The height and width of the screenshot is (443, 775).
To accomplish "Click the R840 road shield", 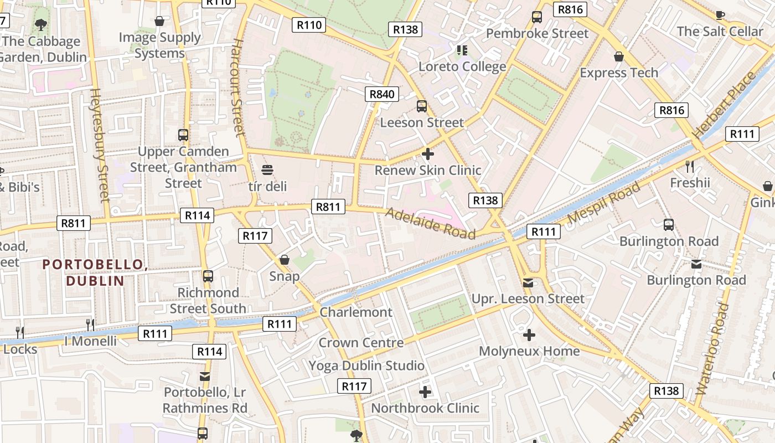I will coord(381,94).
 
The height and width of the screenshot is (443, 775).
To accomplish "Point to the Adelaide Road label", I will coord(430,223).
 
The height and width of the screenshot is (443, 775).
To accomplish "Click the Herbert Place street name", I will coord(723,106).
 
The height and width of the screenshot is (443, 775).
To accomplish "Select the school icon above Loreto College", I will coord(462,51).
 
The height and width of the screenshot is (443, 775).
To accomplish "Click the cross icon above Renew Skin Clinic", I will coord(427,154).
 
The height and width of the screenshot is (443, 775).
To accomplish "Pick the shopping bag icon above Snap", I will coord(285,260).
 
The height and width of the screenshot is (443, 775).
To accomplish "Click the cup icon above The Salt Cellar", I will coord(720,16).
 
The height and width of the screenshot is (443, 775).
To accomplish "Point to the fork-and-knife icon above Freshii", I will coord(689,166).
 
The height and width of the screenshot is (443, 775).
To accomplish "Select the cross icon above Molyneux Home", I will coord(529,335).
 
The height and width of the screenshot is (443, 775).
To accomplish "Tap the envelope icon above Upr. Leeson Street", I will coord(528,283).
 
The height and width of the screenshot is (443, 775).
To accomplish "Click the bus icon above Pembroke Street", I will coord(536,17).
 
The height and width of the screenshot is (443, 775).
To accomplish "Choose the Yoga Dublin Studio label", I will coord(366,365).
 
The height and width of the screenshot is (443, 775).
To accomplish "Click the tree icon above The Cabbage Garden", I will coord(40,24).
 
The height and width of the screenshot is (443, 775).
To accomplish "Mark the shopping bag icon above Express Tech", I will coord(619,56).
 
